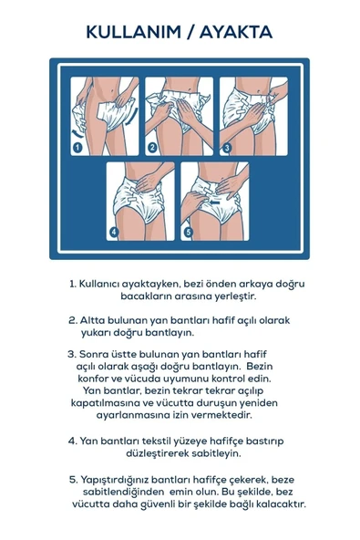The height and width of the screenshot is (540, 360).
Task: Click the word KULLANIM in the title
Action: [130, 32]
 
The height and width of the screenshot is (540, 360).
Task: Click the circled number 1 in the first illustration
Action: [78, 146]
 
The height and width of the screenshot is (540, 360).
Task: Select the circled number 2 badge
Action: [152, 146]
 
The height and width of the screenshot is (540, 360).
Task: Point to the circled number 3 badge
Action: [226, 146]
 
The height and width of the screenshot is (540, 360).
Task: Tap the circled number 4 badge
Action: [114, 232]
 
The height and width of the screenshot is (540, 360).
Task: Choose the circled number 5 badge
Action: [188, 232]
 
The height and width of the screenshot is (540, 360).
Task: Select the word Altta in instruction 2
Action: [95, 320]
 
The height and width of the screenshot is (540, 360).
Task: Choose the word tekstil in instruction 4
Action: [149, 440]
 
